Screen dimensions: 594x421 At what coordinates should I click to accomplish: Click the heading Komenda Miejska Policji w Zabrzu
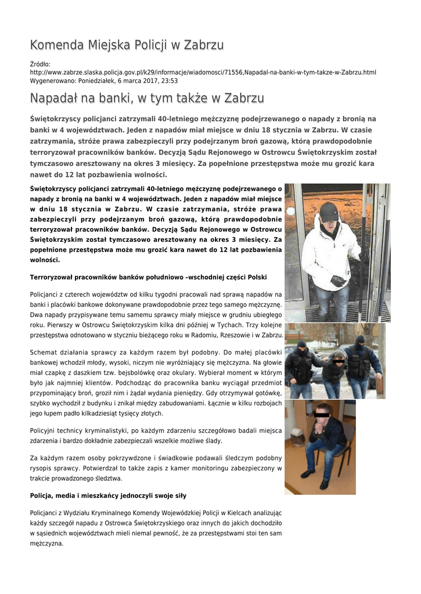coord(127,45)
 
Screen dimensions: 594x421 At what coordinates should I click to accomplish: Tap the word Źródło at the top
coord(39,64)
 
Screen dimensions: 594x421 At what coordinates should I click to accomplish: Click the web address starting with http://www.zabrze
coord(203,73)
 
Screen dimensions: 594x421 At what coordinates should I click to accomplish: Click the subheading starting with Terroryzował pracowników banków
coord(148,277)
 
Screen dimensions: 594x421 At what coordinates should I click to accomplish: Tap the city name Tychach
coord(211,324)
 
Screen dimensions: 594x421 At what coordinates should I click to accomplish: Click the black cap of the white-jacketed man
coord(329,212)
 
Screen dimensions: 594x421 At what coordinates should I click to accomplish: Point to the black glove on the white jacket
coord(338,281)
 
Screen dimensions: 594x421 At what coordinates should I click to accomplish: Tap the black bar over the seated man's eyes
coord(322,414)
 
